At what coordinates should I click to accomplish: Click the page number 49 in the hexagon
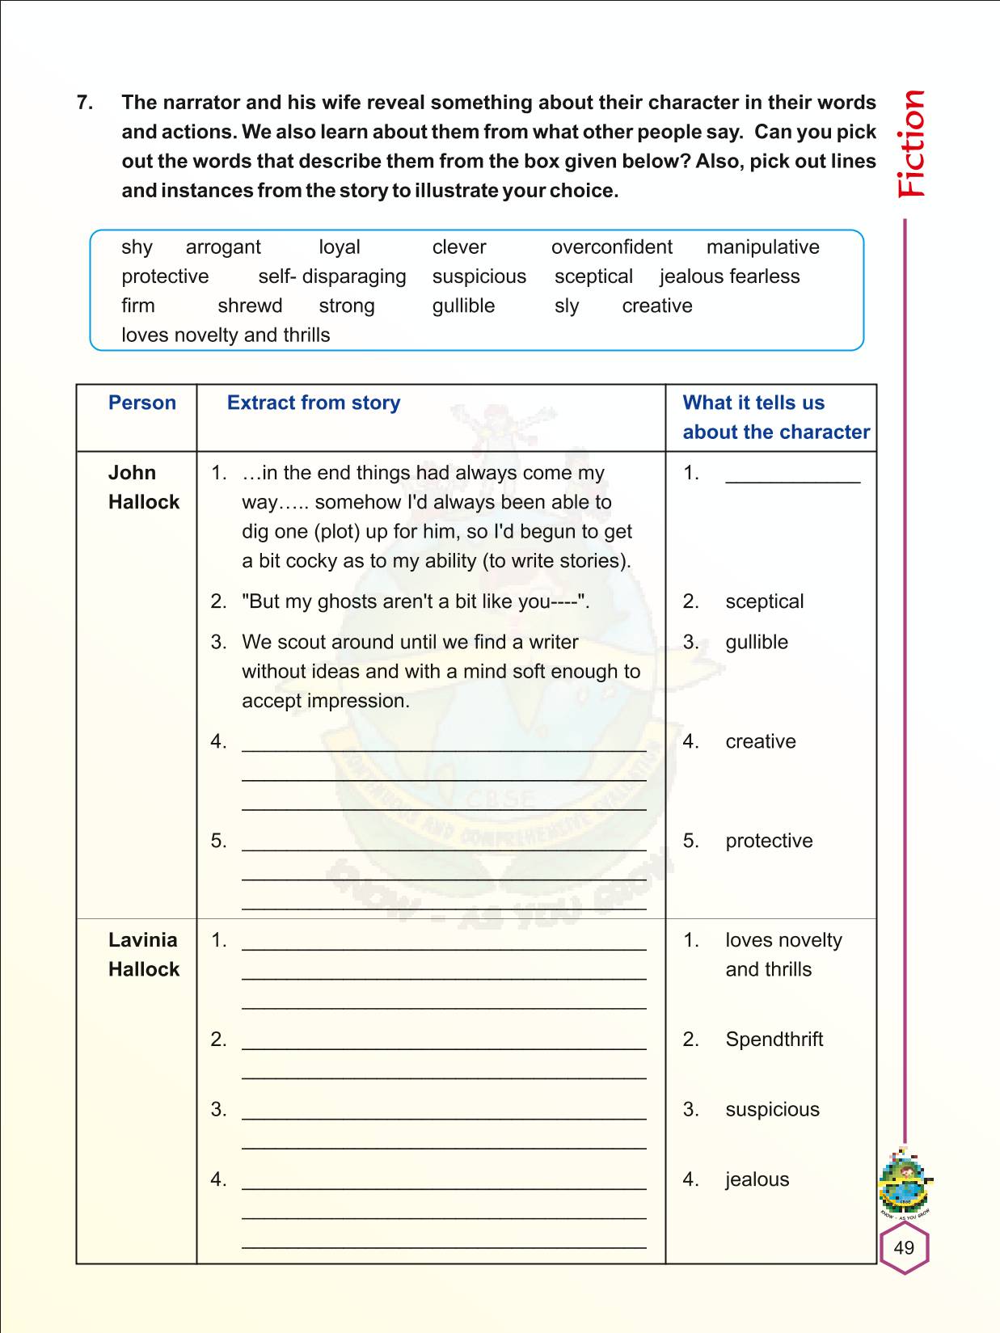click(904, 1247)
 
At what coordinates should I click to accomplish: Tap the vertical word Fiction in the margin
click(912, 144)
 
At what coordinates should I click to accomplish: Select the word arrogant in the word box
click(223, 247)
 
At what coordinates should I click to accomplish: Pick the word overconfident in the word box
click(611, 247)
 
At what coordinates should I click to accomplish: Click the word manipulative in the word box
click(762, 247)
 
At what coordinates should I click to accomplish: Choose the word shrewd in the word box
click(250, 306)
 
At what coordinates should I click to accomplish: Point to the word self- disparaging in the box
click(332, 276)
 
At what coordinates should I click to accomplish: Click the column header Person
click(142, 403)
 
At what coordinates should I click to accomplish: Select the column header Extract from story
click(314, 403)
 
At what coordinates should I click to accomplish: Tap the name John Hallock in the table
click(143, 487)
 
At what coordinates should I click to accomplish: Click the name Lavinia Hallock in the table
click(143, 955)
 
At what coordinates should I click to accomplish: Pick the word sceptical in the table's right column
click(764, 601)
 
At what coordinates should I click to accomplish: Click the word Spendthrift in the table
click(774, 1040)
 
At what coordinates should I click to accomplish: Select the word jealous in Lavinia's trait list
click(757, 1179)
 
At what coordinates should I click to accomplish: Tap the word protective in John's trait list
click(768, 841)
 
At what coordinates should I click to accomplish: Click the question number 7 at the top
click(84, 103)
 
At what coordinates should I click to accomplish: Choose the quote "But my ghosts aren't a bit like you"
click(416, 601)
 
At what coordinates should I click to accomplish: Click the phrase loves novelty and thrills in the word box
click(226, 335)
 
